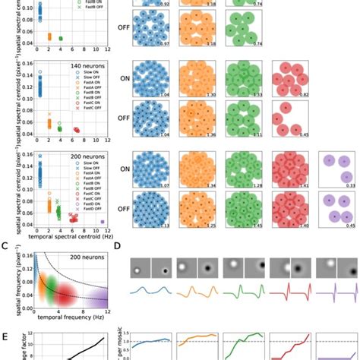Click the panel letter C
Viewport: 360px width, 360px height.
point(5,245)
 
